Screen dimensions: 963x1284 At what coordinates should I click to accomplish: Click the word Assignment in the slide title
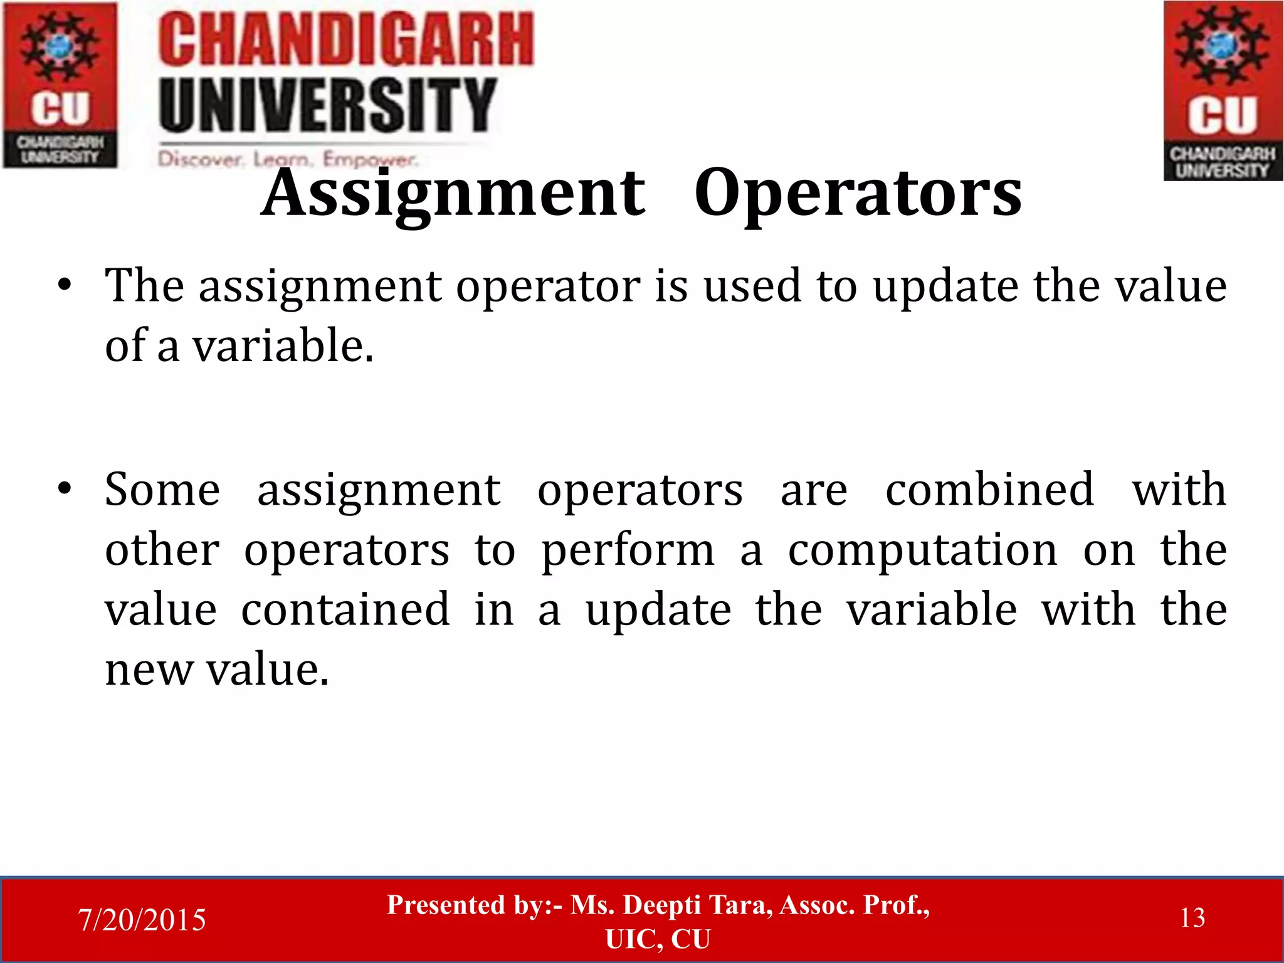click(x=453, y=194)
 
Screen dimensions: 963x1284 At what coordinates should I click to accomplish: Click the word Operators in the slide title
click(x=858, y=194)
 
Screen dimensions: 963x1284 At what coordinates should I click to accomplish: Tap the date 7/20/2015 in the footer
click(x=142, y=920)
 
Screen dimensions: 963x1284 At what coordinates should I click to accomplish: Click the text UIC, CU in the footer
click(x=658, y=939)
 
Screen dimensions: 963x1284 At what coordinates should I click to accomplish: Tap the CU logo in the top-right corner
click(x=1223, y=91)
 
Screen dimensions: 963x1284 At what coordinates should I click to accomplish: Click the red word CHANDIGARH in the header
click(x=345, y=41)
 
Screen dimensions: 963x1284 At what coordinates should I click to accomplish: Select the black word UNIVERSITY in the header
click(x=327, y=105)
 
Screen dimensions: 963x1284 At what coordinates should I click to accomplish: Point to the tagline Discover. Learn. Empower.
click(x=287, y=159)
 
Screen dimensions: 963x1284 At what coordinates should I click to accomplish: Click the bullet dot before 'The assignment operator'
click(x=64, y=286)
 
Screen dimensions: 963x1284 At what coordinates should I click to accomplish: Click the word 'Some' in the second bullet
click(x=162, y=490)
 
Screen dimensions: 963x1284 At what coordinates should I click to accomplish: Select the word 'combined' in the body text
click(x=989, y=490)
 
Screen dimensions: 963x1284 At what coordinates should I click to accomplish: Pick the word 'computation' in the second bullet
click(x=922, y=550)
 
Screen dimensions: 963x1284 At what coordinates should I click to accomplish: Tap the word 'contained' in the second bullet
click(x=345, y=609)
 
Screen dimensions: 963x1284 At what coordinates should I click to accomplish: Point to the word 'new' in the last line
click(x=149, y=670)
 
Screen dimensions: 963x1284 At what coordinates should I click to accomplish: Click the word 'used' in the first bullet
click(x=752, y=287)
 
